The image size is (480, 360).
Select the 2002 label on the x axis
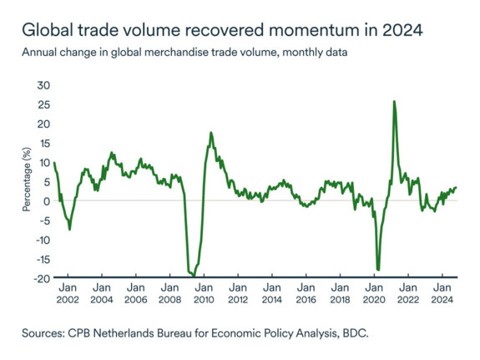click(67, 298)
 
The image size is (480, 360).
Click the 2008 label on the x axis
click(169, 298)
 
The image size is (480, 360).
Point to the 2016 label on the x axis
click(306, 298)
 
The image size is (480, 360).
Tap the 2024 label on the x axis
click(442, 298)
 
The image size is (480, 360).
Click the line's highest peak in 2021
click(393, 101)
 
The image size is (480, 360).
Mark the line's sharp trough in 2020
click(378, 269)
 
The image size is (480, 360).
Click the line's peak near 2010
click(210, 133)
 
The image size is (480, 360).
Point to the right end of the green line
click(456, 187)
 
